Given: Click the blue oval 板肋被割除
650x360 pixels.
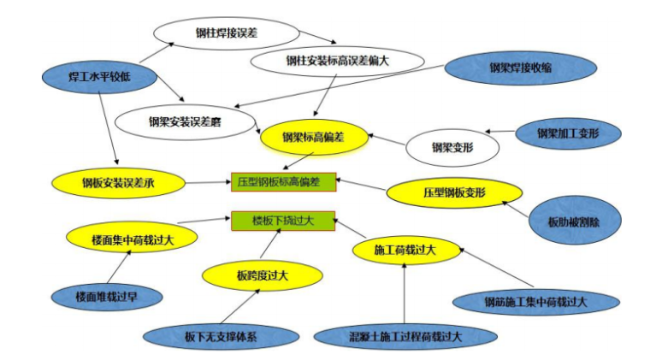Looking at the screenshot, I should (574, 221).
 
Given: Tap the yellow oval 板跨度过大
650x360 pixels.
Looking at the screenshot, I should (263, 274).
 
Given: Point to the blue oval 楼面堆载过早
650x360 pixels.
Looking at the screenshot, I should (106, 297).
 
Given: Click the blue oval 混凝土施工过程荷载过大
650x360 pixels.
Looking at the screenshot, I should (400, 337).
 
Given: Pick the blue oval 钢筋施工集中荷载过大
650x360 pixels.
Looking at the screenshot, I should (535, 301).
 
